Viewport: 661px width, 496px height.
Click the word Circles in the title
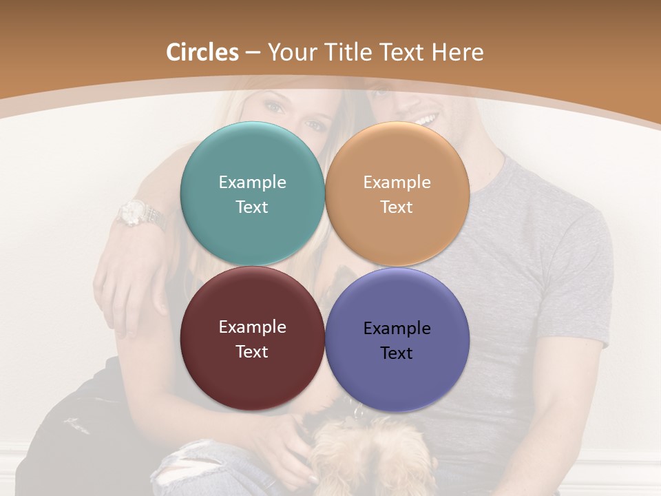pos(202,52)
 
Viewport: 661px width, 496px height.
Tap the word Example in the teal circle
pos(252,182)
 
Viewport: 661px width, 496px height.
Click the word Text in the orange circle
pos(397,207)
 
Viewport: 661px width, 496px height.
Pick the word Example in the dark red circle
pos(252,327)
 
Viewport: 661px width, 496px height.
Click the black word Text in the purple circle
pos(397,353)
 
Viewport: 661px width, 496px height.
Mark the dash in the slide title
pos(253,53)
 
